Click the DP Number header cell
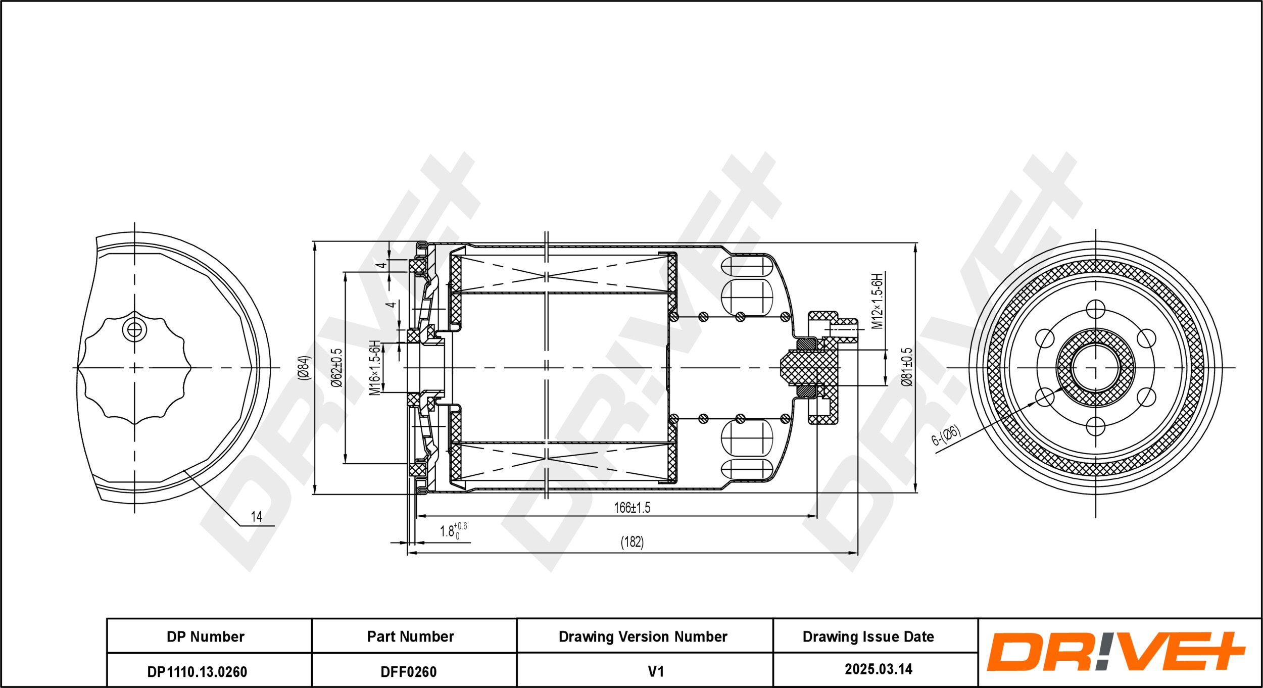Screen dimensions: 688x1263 click(x=205, y=636)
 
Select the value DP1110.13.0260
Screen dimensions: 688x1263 click(x=197, y=672)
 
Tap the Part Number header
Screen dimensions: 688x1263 click(x=410, y=636)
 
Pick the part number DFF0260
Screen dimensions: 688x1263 click(x=408, y=672)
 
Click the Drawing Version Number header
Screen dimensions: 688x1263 click(x=643, y=636)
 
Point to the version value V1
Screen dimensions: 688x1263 click(x=655, y=671)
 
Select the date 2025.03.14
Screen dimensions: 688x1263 click(x=879, y=669)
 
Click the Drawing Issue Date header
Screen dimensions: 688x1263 click(x=868, y=636)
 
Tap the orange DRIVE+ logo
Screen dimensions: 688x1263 click(x=1115, y=652)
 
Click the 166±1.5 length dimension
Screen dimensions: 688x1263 click(x=631, y=508)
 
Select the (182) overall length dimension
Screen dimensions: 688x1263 click(x=632, y=542)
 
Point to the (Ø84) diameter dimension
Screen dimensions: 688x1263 click(x=305, y=367)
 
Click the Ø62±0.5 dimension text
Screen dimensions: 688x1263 click(x=336, y=367)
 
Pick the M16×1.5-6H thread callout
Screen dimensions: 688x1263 click(x=375, y=367)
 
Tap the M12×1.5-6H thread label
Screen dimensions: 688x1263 click(x=878, y=301)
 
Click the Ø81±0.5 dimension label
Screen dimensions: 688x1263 click(x=907, y=367)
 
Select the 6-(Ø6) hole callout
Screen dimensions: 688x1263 click(x=945, y=435)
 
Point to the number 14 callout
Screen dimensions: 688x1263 click(x=256, y=516)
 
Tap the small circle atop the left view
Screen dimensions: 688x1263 click(x=134, y=330)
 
